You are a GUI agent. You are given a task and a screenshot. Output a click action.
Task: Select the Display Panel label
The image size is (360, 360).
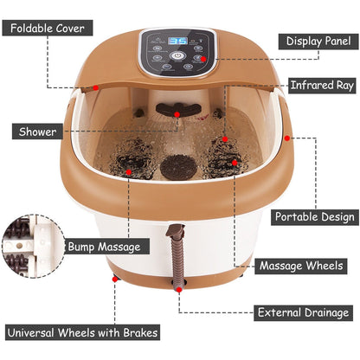[x=314, y=40]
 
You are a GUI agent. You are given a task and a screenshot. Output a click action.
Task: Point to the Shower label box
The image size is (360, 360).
[x=37, y=132]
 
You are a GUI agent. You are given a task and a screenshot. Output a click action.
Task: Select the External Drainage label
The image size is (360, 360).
[x=303, y=312]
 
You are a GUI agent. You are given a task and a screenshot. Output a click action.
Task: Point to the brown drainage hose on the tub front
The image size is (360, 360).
[x=179, y=255]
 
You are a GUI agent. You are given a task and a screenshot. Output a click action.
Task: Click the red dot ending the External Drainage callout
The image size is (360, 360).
[x=178, y=292]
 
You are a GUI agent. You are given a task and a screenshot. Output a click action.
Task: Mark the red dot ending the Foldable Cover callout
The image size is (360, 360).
[x=95, y=86]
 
